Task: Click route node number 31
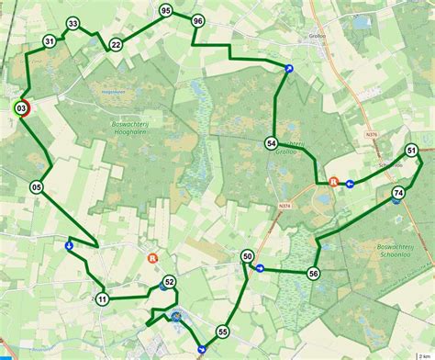pos(49,41)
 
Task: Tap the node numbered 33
pos(73,23)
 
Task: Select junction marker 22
pos(116,44)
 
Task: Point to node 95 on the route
pos(165,10)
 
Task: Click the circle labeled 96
pos(198,20)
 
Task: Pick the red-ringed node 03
pos(21,108)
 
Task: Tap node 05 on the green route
pos(37,187)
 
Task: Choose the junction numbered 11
pos(102,298)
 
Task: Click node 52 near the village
pos(169,282)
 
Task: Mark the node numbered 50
pos(248,257)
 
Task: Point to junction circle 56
pos(314,273)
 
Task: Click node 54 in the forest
pos(271,142)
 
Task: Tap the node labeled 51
pos(412,151)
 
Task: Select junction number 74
pos(397,193)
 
